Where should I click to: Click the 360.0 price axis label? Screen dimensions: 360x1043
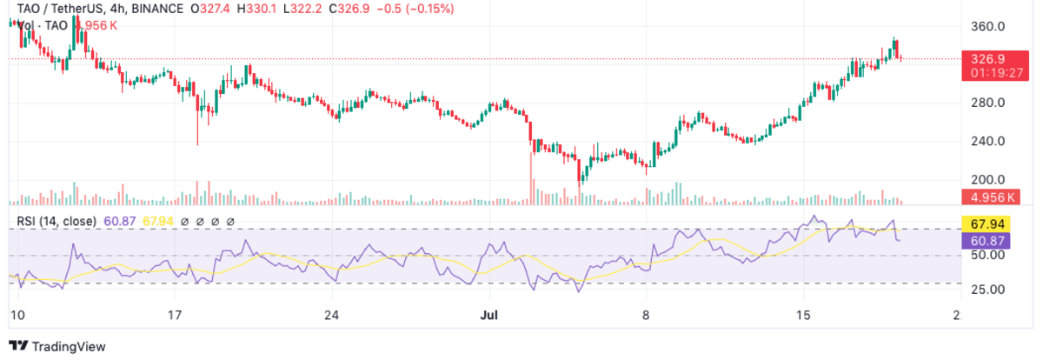click(x=987, y=26)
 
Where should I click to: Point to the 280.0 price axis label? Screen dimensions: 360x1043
click(x=987, y=103)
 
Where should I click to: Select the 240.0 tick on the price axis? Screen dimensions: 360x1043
click(x=987, y=141)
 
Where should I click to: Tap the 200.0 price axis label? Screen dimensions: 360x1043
click(x=987, y=179)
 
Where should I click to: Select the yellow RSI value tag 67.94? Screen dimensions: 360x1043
click(x=986, y=223)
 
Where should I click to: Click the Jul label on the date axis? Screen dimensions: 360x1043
click(x=488, y=314)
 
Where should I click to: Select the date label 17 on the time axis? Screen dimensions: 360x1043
click(x=175, y=314)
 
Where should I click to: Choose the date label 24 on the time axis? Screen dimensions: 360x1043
click(x=331, y=314)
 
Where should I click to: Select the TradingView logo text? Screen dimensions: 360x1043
click(x=68, y=346)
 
